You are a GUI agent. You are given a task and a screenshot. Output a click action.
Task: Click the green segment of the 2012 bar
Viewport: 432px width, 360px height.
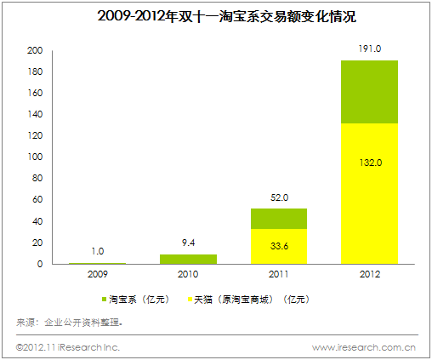click(370, 92)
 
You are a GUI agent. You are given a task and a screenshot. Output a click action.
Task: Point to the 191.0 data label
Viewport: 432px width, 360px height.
click(370, 49)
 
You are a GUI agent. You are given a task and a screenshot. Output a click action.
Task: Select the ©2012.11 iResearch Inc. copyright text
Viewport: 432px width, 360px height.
click(68, 347)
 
